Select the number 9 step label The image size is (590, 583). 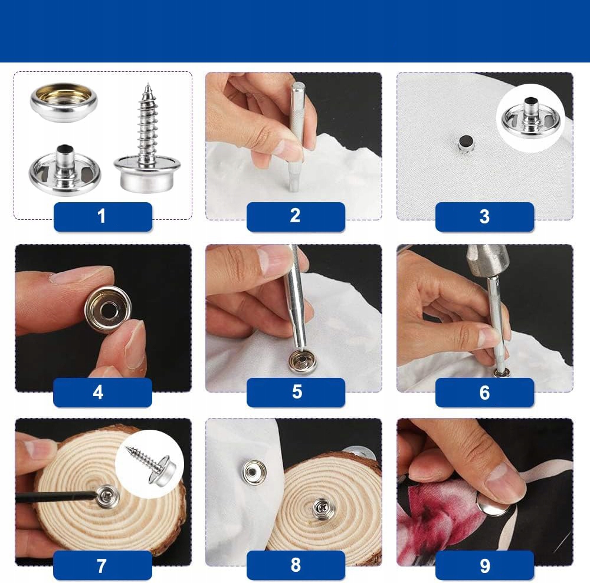pyautogui.click(x=484, y=565)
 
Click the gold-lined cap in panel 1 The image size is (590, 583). pyautogui.click(x=64, y=102)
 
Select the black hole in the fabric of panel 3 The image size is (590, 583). pyautogui.click(x=466, y=141)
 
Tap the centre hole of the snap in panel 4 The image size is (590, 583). pyautogui.click(x=110, y=309)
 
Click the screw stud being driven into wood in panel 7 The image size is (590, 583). pyautogui.click(x=107, y=496)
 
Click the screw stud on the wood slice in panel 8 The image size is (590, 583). pyautogui.click(x=322, y=508)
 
